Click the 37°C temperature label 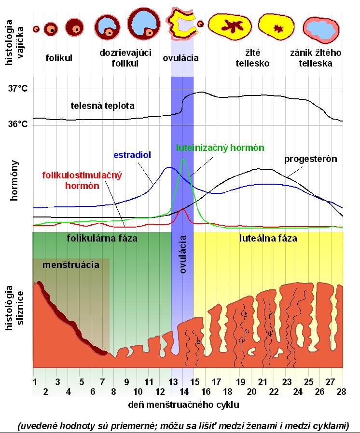pyautogui.click(x=17, y=89)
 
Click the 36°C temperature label pyautogui.click(x=17, y=124)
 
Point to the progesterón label pyautogui.click(x=310, y=159)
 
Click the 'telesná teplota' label pyautogui.click(x=102, y=105)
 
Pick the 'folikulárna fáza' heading pyautogui.click(x=102, y=238)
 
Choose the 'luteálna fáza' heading pyautogui.click(x=268, y=238)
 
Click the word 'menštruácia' pyautogui.click(x=71, y=265)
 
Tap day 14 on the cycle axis pyautogui.click(x=182, y=390)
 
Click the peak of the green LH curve pyautogui.click(x=182, y=159)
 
